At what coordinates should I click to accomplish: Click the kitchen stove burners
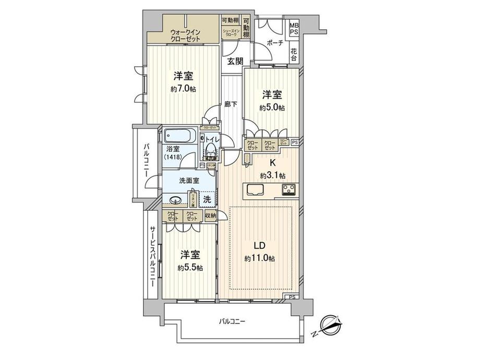[289, 190]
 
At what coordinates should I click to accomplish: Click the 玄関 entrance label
[235, 61]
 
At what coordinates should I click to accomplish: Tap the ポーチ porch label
[273, 43]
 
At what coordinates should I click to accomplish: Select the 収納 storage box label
[210, 215]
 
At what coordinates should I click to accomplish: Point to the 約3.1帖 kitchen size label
[272, 175]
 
